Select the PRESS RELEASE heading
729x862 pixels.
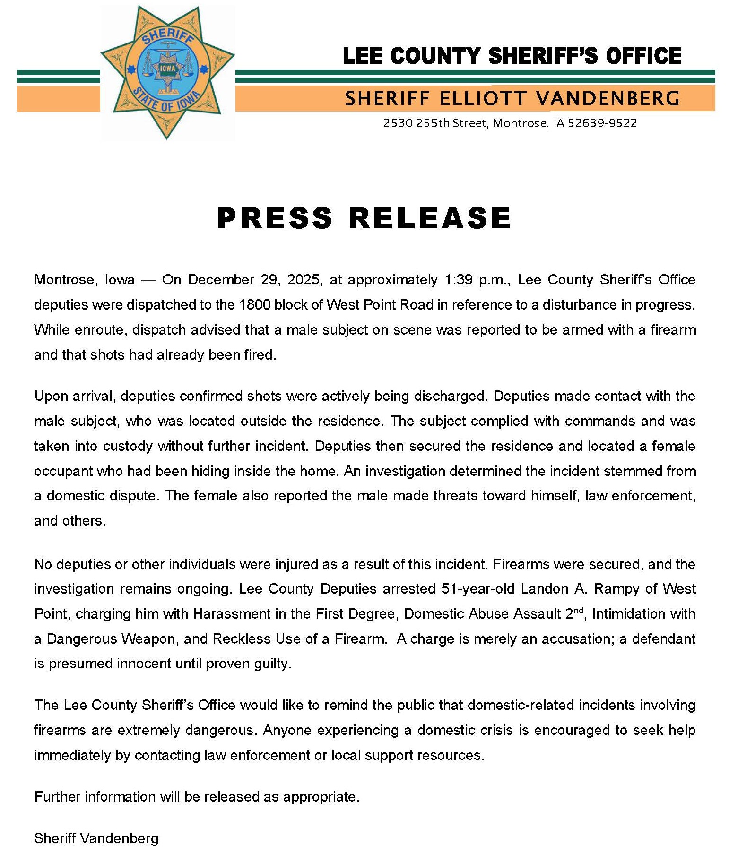click(x=364, y=218)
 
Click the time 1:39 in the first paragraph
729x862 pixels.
click(x=458, y=280)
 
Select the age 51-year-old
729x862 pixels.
click(x=478, y=589)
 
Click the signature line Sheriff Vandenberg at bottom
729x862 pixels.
click(x=96, y=838)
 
